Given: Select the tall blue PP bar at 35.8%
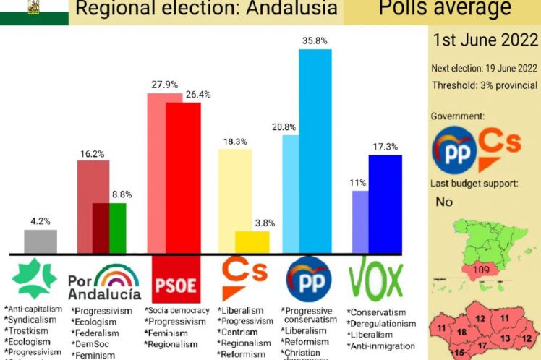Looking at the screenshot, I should click(315, 152).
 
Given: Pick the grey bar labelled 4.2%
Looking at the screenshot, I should click(41, 241).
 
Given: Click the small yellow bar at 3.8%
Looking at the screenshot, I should click(252, 242).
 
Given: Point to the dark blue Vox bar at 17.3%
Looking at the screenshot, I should click(385, 204).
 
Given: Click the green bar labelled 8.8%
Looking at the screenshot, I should click(117, 228).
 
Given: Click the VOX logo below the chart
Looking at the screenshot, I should click(376, 280).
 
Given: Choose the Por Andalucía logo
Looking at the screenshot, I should click(104, 283).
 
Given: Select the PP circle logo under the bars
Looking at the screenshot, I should click(309, 280).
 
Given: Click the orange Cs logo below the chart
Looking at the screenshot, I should click(244, 282).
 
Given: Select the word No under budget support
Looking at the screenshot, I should click(444, 202).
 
